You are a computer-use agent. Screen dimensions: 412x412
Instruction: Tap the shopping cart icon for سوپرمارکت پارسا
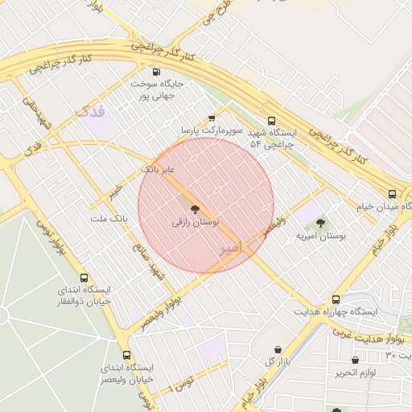tap(212, 117)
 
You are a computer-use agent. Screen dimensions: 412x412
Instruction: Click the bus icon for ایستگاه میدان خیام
tap(392, 194)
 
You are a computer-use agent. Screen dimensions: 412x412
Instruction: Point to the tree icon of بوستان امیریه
tap(320, 223)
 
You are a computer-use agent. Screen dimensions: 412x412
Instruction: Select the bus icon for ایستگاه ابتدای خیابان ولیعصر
tap(126, 355)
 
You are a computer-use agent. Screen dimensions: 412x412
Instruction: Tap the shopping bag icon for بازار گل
tap(278, 349)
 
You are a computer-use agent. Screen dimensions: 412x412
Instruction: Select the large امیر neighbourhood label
tap(230, 249)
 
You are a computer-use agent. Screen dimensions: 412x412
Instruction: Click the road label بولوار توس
tap(50, 241)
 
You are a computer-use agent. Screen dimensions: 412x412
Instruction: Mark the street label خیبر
tap(118, 190)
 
